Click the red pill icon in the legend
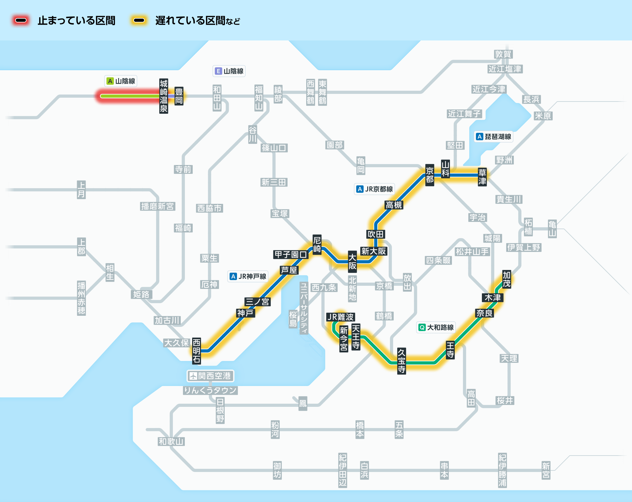pyautogui.click(x=21, y=21)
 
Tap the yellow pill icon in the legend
pyautogui.click(x=139, y=21)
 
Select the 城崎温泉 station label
pyautogui.click(x=163, y=96)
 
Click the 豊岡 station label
pyautogui.click(x=179, y=96)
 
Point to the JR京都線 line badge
pyautogui.click(x=374, y=189)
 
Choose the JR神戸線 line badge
pyautogui.click(x=248, y=276)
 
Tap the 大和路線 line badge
pyautogui.click(x=436, y=327)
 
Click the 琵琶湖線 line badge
pyautogui.click(x=494, y=137)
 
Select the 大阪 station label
pyautogui.click(x=352, y=262)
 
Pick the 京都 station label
pyautogui.click(x=429, y=175)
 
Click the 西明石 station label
pyautogui.click(x=197, y=351)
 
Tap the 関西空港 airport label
pyautogui.click(x=210, y=376)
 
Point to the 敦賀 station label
pyautogui.click(x=503, y=54)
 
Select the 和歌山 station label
pyautogui.click(x=171, y=441)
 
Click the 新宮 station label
pyautogui.click(x=546, y=470)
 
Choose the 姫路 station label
pyautogui.click(x=141, y=294)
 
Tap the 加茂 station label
pyautogui.click(x=507, y=279)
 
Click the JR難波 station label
pyautogui.click(x=341, y=317)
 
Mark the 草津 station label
pyautogui.click(x=482, y=177)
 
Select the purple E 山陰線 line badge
pyautogui.click(x=229, y=71)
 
